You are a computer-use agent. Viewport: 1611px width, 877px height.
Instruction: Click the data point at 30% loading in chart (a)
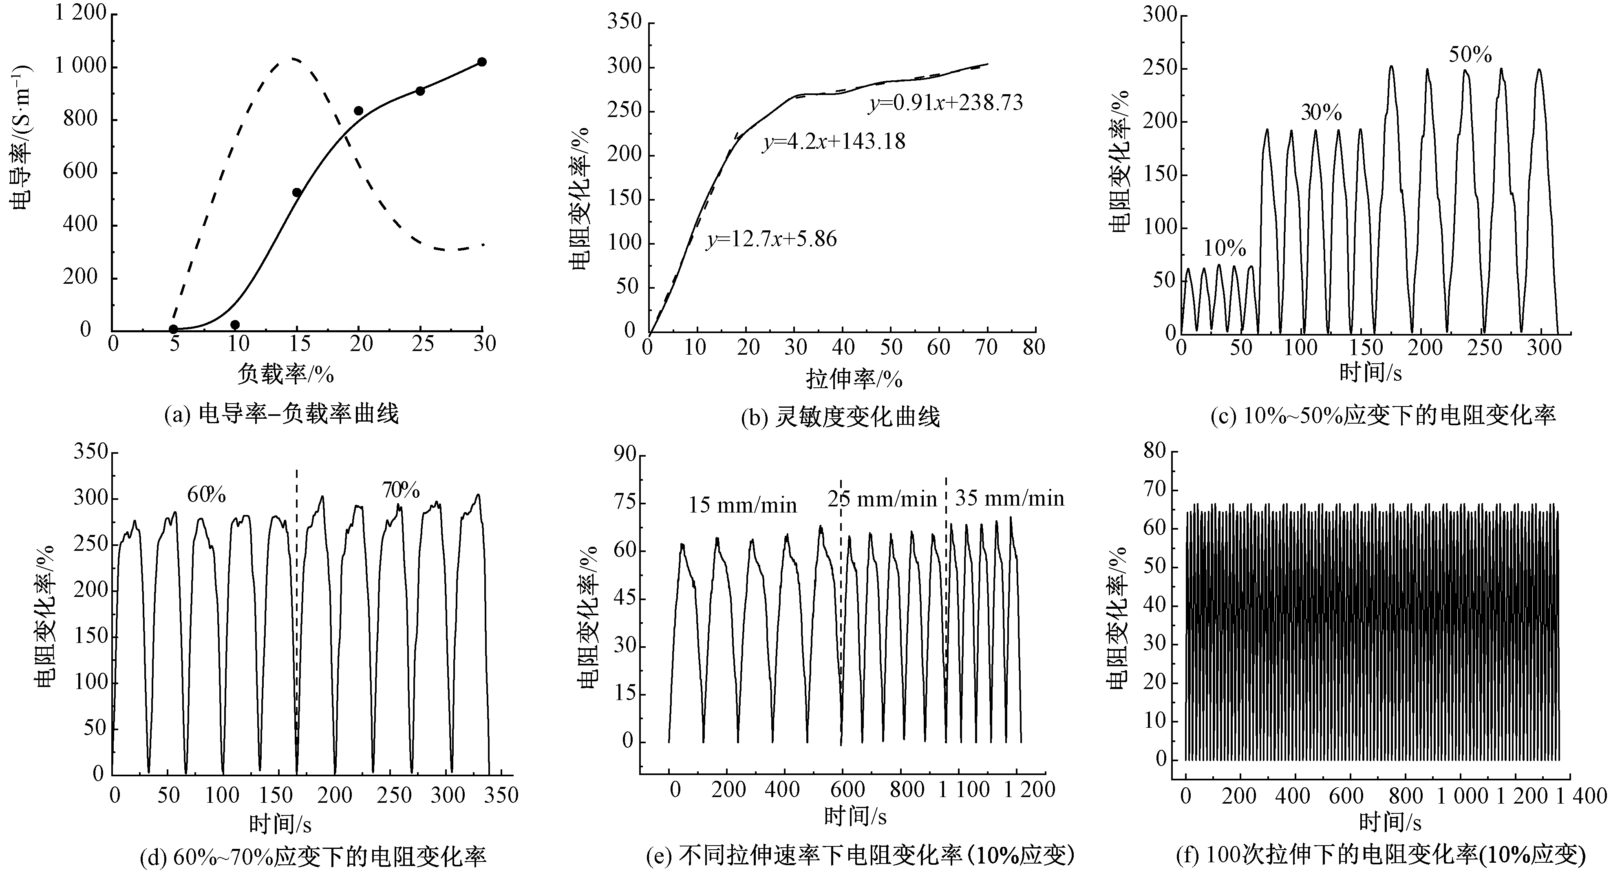tap(481, 62)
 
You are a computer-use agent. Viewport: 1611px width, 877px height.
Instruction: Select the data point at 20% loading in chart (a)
tap(358, 111)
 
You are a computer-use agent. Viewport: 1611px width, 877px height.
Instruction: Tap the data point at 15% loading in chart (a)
tap(297, 192)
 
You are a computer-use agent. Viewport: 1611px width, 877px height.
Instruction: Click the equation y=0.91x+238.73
tap(946, 103)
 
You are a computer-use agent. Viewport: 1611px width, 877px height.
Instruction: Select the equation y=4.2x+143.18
tap(834, 142)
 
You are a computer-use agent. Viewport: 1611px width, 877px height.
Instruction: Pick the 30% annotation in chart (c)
tap(1322, 112)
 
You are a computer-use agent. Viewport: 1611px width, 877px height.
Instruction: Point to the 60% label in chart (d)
tap(206, 495)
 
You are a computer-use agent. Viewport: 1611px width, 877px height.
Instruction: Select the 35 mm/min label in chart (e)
tap(1009, 498)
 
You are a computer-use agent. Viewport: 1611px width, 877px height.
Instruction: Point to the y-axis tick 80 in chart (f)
tap(1154, 451)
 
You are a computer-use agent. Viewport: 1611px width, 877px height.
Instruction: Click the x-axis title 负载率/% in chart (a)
tap(285, 374)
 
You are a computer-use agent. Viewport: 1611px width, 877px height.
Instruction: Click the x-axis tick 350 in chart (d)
tap(501, 795)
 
